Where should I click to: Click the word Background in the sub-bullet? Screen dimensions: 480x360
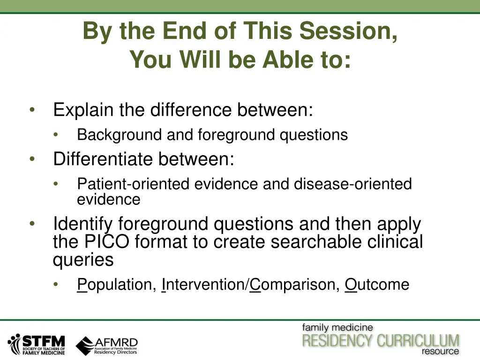click(x=120, y=135)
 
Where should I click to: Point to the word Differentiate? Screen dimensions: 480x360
click(x=103, y=159)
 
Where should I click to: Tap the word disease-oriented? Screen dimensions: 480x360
click(x=352, y=184)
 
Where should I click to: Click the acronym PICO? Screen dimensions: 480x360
click(x=106, y=241)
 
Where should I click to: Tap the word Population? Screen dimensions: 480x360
click(x=117, y=285)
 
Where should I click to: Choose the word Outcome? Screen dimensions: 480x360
click(x=377, y=285)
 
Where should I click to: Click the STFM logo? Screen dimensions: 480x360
click(x=37, y=345)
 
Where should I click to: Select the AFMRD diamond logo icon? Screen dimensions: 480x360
click(x=85, y=346)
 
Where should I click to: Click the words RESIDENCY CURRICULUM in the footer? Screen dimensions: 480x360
click(x=381, y=340)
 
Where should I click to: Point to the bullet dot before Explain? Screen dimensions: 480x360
click(x=32, y=110)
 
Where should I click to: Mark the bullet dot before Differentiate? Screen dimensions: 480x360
click(x=32, y=159)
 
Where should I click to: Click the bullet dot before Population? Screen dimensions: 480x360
click(x=56, y=285)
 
